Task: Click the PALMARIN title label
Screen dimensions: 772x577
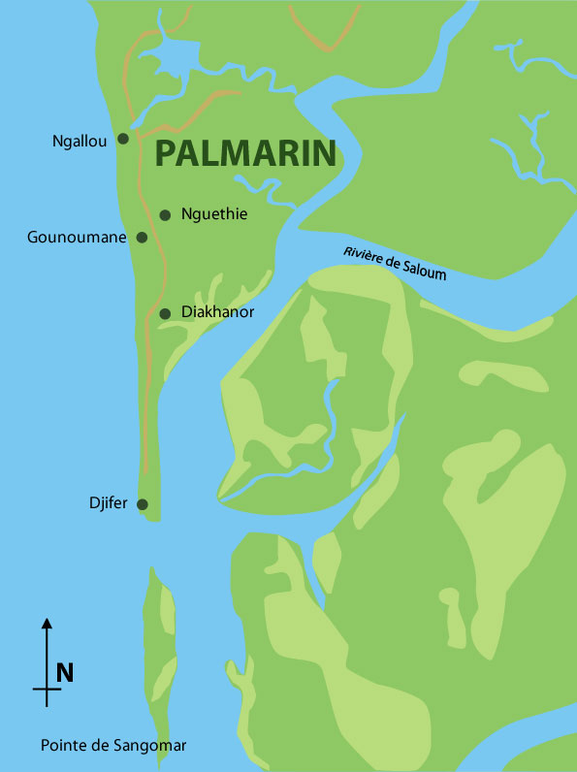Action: (245, 153)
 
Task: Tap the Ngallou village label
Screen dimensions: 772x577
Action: (80, 141)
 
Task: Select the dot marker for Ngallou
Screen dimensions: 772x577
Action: (123, 139)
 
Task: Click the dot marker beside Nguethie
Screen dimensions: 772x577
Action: (166, 215)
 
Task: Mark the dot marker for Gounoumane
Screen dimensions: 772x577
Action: (142, 238)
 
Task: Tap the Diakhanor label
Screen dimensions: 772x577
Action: (218, 312)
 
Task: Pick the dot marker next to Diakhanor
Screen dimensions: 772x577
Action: (165, 313)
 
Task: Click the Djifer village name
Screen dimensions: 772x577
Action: (108, 504)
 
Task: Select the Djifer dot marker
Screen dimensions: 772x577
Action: (143, 504)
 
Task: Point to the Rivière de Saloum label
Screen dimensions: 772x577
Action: (395, 263)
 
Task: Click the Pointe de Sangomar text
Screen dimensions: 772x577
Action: (112, 746)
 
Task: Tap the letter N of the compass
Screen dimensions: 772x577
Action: (65, 672)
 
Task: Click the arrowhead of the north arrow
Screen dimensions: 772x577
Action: (47, 624)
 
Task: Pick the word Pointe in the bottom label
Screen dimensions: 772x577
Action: (61, 746)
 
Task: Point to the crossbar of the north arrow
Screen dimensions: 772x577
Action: (47, 690)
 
